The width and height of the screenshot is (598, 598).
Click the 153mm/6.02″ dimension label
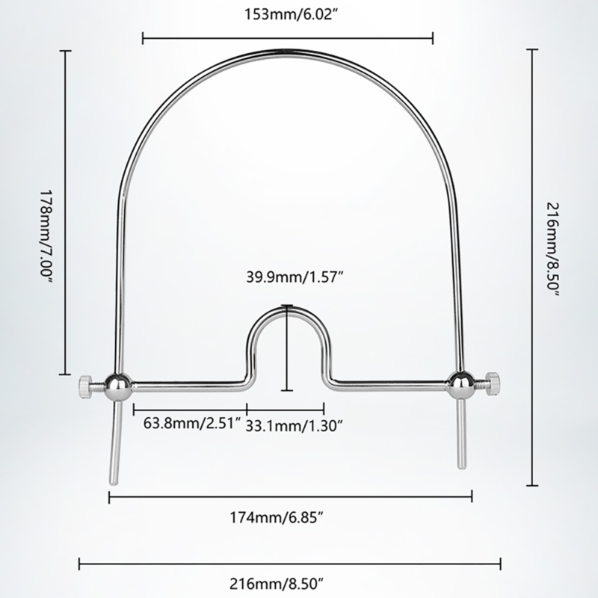click(288, 13)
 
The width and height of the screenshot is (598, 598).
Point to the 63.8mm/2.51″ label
click(191, 425)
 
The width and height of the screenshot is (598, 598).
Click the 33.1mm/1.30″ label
click(294, 425)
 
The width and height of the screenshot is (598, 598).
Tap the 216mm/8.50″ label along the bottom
click(288, 580)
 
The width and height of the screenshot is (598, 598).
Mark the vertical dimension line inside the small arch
click(287, 348)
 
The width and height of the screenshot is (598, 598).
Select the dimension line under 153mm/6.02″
click(288, 35)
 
